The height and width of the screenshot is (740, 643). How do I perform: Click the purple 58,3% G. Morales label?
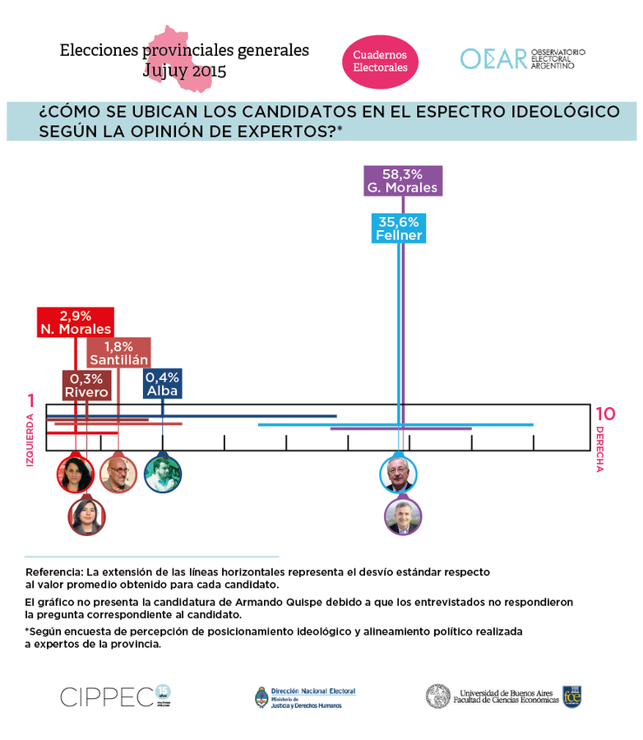pos(403,180)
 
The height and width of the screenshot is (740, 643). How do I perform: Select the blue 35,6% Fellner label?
pos(399,229)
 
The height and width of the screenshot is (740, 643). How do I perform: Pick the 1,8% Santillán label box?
pos(119,353)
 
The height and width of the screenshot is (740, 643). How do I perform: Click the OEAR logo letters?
pos(493,59)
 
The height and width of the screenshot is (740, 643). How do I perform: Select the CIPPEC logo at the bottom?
pos(107,696)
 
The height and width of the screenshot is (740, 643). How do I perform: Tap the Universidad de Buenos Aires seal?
pos(437,696)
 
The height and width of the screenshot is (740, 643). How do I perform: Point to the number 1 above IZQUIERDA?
pos(31,402)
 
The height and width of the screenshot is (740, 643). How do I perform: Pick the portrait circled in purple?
pos(403,516)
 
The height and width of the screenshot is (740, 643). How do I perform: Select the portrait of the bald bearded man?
pos(118,474)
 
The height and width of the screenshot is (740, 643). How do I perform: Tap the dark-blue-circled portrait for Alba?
pos(163,474)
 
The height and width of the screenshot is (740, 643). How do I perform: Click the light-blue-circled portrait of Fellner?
pos(398,474)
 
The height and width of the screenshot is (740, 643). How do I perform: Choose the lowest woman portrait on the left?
pos(86,516)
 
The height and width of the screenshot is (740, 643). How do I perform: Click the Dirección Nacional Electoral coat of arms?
pos(261,697)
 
